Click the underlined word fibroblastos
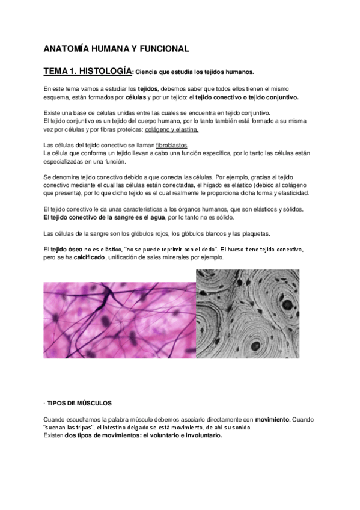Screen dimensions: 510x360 pyautogui.click(x=171, y=145)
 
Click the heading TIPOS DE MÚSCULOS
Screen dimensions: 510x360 pyautogui.click(x=79, y=402)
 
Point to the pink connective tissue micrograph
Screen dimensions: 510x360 pyautogui.click(x=119, y=321)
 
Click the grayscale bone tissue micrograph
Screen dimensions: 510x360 pyautogui.click(x=248, y=313)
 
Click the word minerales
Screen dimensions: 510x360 pyautogui.click(x=188, y=257)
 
